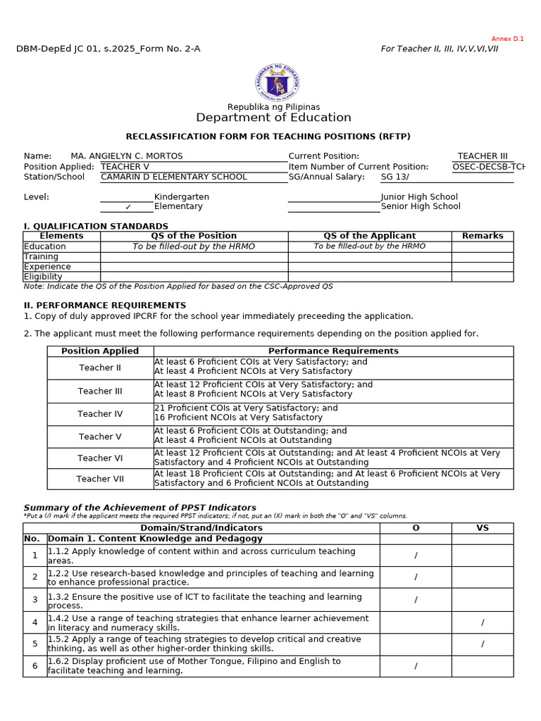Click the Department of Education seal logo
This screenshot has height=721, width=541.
pyautogui.click(x=277, y=82)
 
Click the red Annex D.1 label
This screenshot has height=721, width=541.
pyautogui.click(x=507, y=39)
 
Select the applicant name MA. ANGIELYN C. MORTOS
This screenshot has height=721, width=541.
pyautogui.click(x=127, y=156)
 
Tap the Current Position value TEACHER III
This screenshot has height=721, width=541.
pyautogui.click(x=483, y=156)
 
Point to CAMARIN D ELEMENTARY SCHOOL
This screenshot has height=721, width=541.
pyautogui.click(x=174, y=177)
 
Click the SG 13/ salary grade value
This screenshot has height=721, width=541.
pyautogui.click(x=394, y=177)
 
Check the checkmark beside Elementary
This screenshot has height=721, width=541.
pyautogui.click(x=128, y=207)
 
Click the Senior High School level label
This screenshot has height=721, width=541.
pyautogui.click(x=421, y=206)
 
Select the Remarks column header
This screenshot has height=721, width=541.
pyautogui.click(x=483, y=236)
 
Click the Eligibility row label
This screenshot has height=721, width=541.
pyautogui.click(x=43, y=277)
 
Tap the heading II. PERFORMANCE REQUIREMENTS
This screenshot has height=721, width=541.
pyautogui.click(x=105, y=306)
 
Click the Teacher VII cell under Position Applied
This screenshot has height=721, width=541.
pyautogui.click(x=100, y=479)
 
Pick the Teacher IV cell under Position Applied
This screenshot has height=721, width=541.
pyautogui.click(x=100, y=414)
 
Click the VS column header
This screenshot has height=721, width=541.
pyautogui.click(x=483, y=527)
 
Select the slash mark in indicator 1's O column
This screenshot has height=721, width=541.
pyautogui.click(x=416, y=556)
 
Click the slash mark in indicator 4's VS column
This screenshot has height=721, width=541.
pyautogui.click(x=483, y=622)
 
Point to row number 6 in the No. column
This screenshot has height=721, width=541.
pyautogui.click(x=35, y=666)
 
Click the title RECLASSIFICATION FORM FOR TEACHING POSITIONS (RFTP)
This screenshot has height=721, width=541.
pyautogui.click(x=268, y=137)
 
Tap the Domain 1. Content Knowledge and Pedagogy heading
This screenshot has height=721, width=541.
pyautogui.click(x=155, y=539)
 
